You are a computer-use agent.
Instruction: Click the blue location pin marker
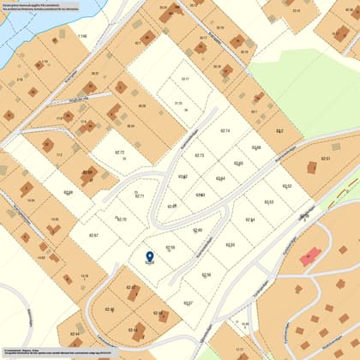point(150,255)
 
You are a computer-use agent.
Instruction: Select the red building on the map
point(309,256)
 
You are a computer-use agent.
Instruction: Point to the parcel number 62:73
point(199,155)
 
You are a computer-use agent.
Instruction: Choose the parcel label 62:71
point(140,196)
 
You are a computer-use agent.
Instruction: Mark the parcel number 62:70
point(121,219)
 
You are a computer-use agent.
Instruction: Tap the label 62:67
point(93,235)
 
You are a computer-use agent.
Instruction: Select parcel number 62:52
point(287,185)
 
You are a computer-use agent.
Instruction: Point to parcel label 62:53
point(269,202)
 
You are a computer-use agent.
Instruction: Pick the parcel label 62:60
point(197,230)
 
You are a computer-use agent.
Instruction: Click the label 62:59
point(170,248)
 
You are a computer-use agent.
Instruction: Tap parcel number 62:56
point(206,274)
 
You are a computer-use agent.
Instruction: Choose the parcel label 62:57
point(188,303)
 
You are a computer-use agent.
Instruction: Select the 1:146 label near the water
point(82,36)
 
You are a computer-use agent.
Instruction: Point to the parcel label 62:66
point(69,192)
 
